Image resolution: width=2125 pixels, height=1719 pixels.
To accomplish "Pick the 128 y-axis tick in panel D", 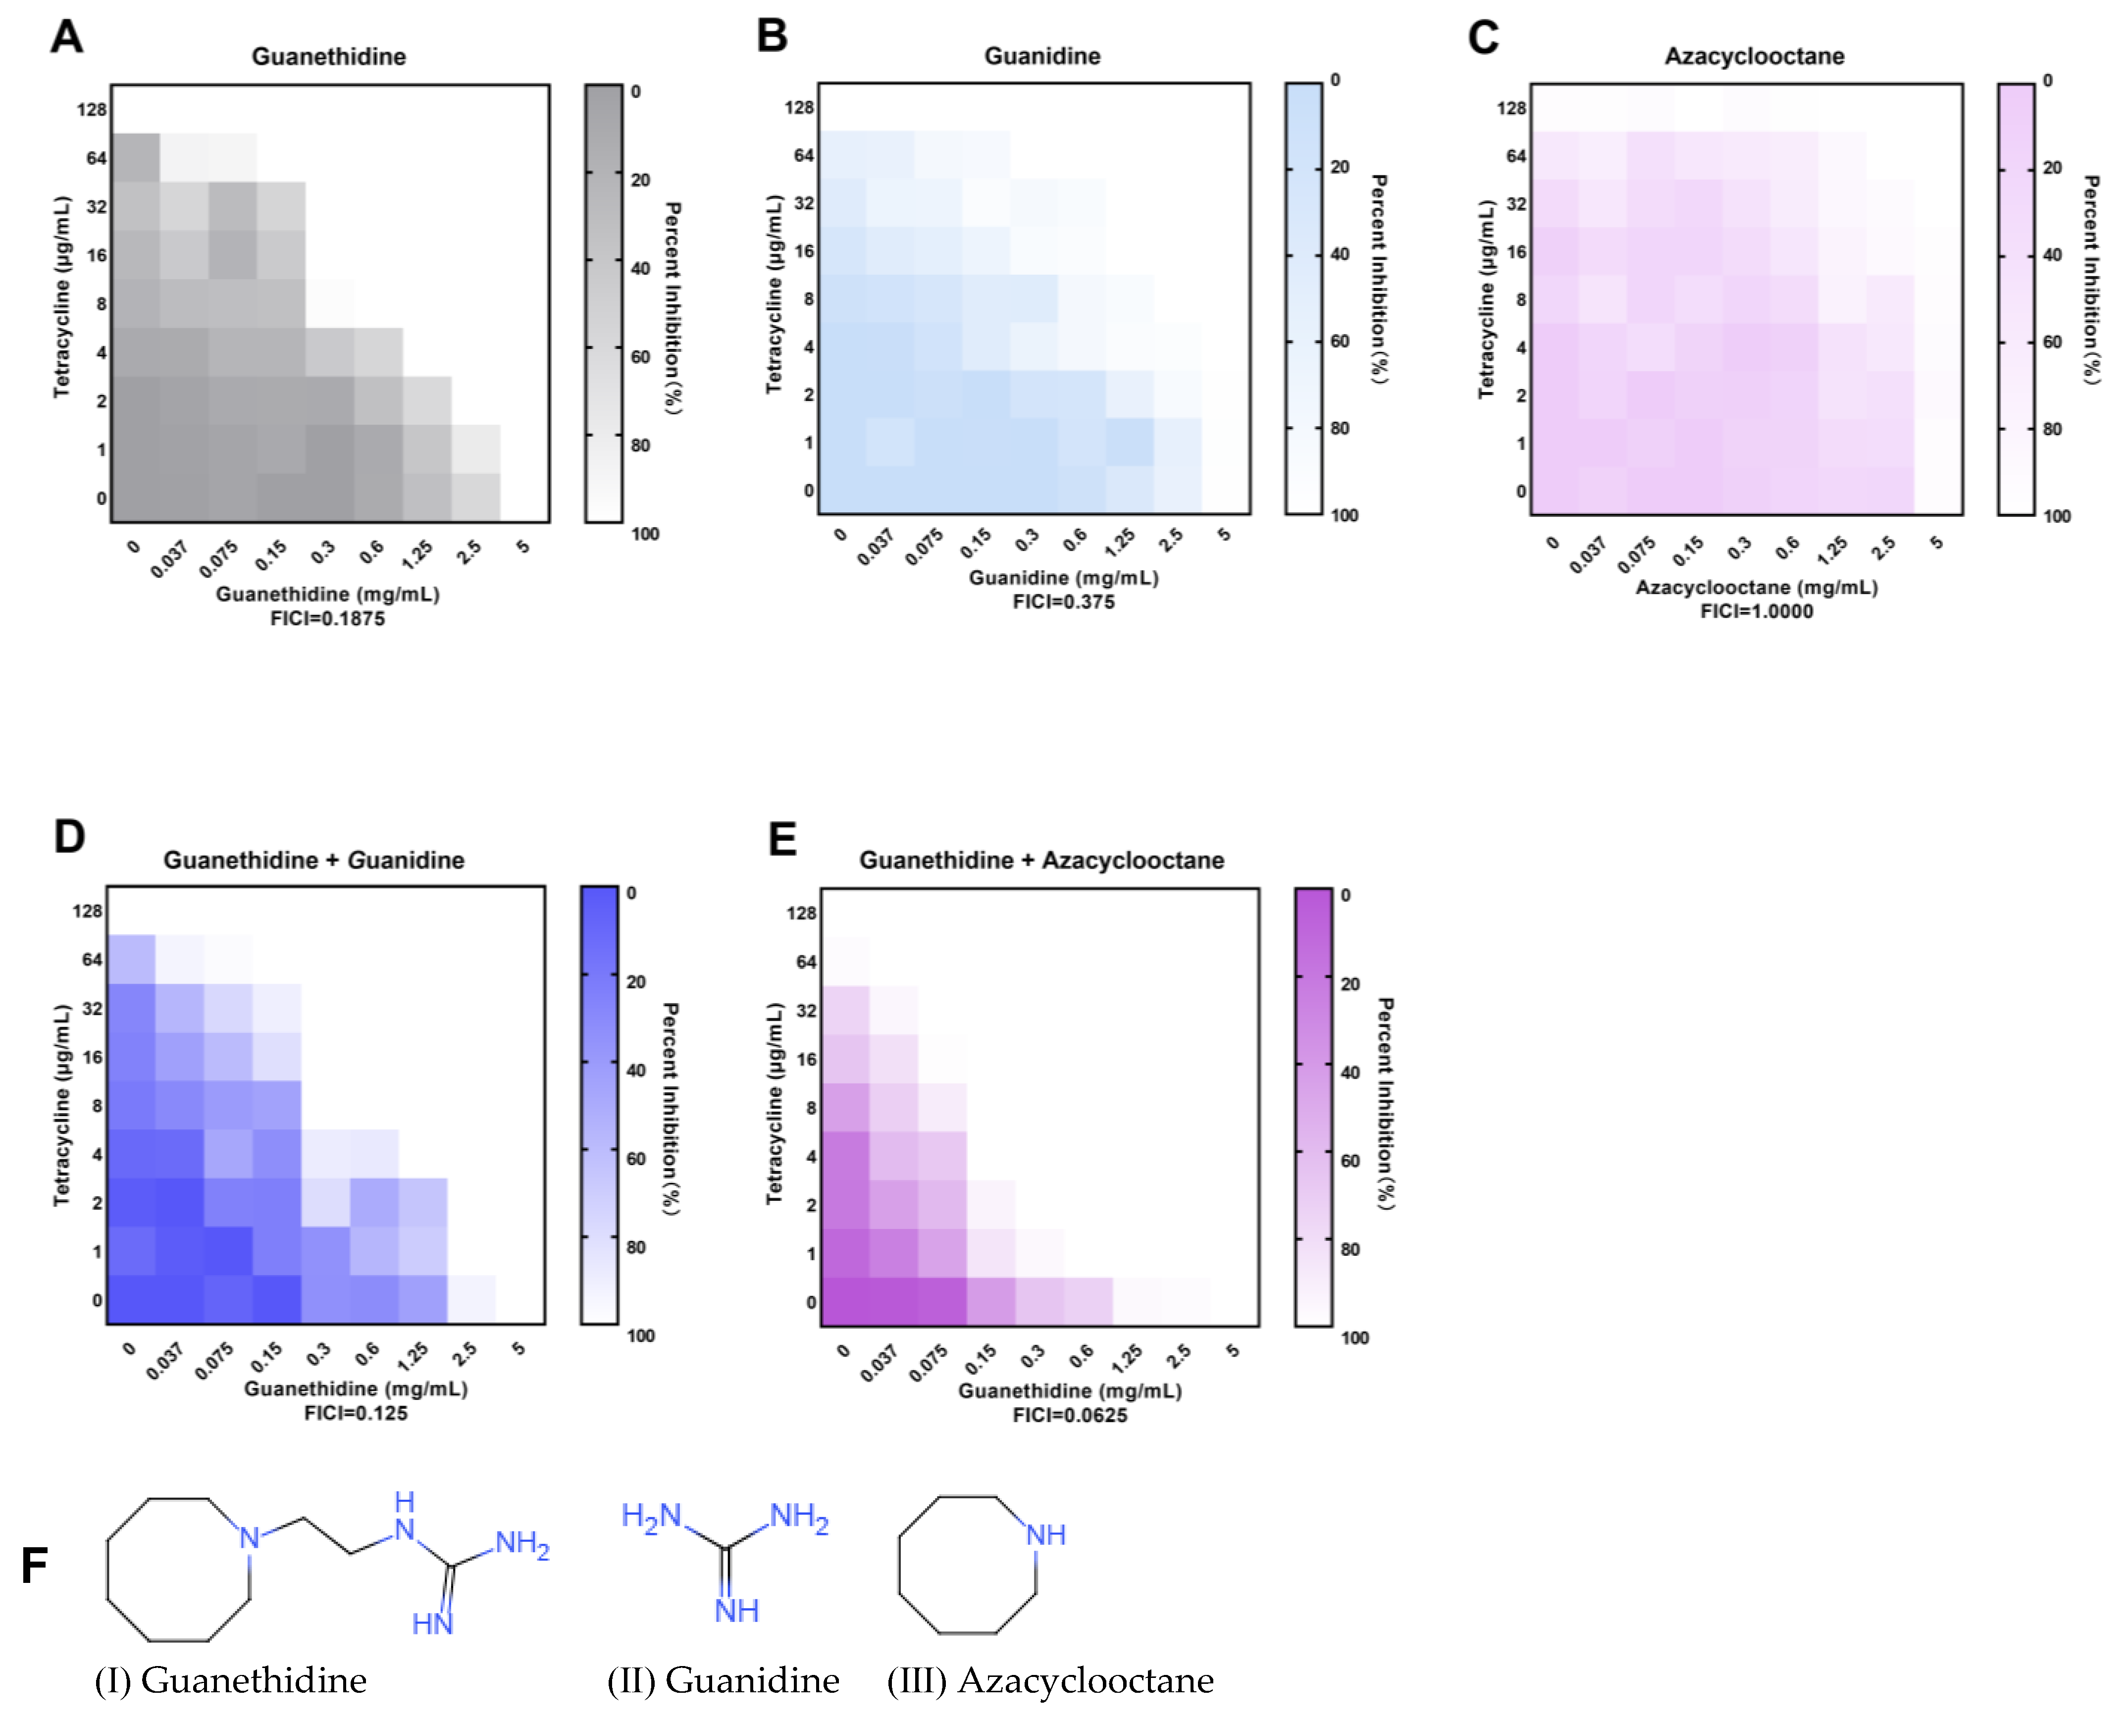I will coord(87,911).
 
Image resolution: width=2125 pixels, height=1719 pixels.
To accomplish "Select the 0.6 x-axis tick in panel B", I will coord(1074,540).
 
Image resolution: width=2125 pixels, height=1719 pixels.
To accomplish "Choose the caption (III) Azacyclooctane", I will coord(1050,1680).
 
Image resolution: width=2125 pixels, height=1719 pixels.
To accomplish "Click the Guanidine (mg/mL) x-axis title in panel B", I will coord(1063,577).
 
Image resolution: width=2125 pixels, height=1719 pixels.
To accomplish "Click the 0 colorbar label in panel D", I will coord(631,893).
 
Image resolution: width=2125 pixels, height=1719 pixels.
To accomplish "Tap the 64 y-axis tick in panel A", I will coord(96,158).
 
